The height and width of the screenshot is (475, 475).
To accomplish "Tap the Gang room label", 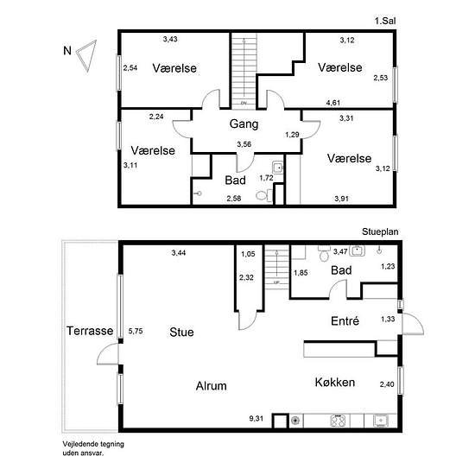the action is [244, 123].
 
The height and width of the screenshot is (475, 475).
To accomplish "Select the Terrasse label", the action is [90, 331].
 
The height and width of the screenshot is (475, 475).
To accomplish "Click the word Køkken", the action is [335, 383].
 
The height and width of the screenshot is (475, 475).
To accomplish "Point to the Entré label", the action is [345, 320].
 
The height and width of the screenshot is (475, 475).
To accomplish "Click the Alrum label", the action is [211, 386].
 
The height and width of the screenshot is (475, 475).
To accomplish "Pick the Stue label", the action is [181, 332].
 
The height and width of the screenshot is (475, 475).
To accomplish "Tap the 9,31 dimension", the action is [256, 418].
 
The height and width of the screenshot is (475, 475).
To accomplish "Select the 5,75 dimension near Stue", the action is [136, 331].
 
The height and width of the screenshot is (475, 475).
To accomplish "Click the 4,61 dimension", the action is [332, 103].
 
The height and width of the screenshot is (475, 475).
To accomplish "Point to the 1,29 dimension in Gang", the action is [292, 135].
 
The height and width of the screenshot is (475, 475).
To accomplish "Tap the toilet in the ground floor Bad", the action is [324, 253].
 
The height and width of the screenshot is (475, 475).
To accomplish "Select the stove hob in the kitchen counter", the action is [338, 421].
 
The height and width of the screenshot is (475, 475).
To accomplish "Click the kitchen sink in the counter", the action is [381, 421].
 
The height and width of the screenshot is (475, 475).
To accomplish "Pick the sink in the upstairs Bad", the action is [278, 168].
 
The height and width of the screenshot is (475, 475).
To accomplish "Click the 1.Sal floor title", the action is [384, 21].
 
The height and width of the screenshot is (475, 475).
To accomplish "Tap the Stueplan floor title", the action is [380, 231].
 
